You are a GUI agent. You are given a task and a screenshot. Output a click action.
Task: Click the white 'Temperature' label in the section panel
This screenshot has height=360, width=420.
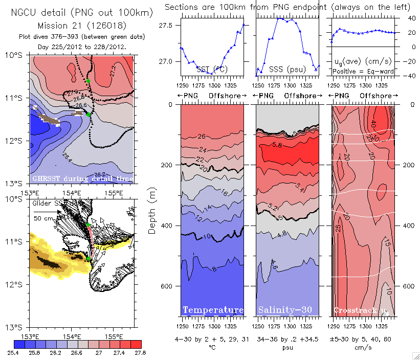(213, 310)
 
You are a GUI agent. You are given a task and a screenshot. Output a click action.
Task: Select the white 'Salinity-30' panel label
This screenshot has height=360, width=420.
(288, 310)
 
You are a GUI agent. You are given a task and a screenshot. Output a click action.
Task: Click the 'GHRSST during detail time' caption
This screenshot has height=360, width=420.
(83, 178)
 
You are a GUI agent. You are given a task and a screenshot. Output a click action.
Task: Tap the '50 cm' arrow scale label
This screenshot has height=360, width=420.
(43, 218)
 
